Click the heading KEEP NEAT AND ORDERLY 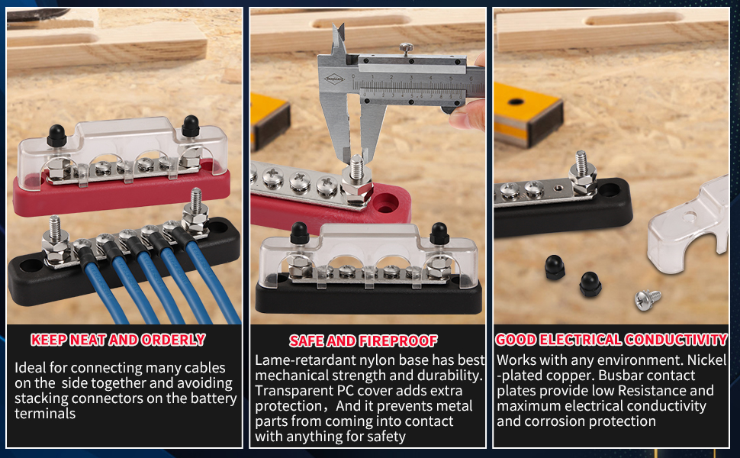click(118, 340)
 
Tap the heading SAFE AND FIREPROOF click(363, 340)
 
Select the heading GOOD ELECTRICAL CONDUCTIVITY click(611, 340)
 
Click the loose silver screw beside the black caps click(647, 298)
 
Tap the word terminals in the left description click(45, 414)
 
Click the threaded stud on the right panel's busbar click(581, 162)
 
